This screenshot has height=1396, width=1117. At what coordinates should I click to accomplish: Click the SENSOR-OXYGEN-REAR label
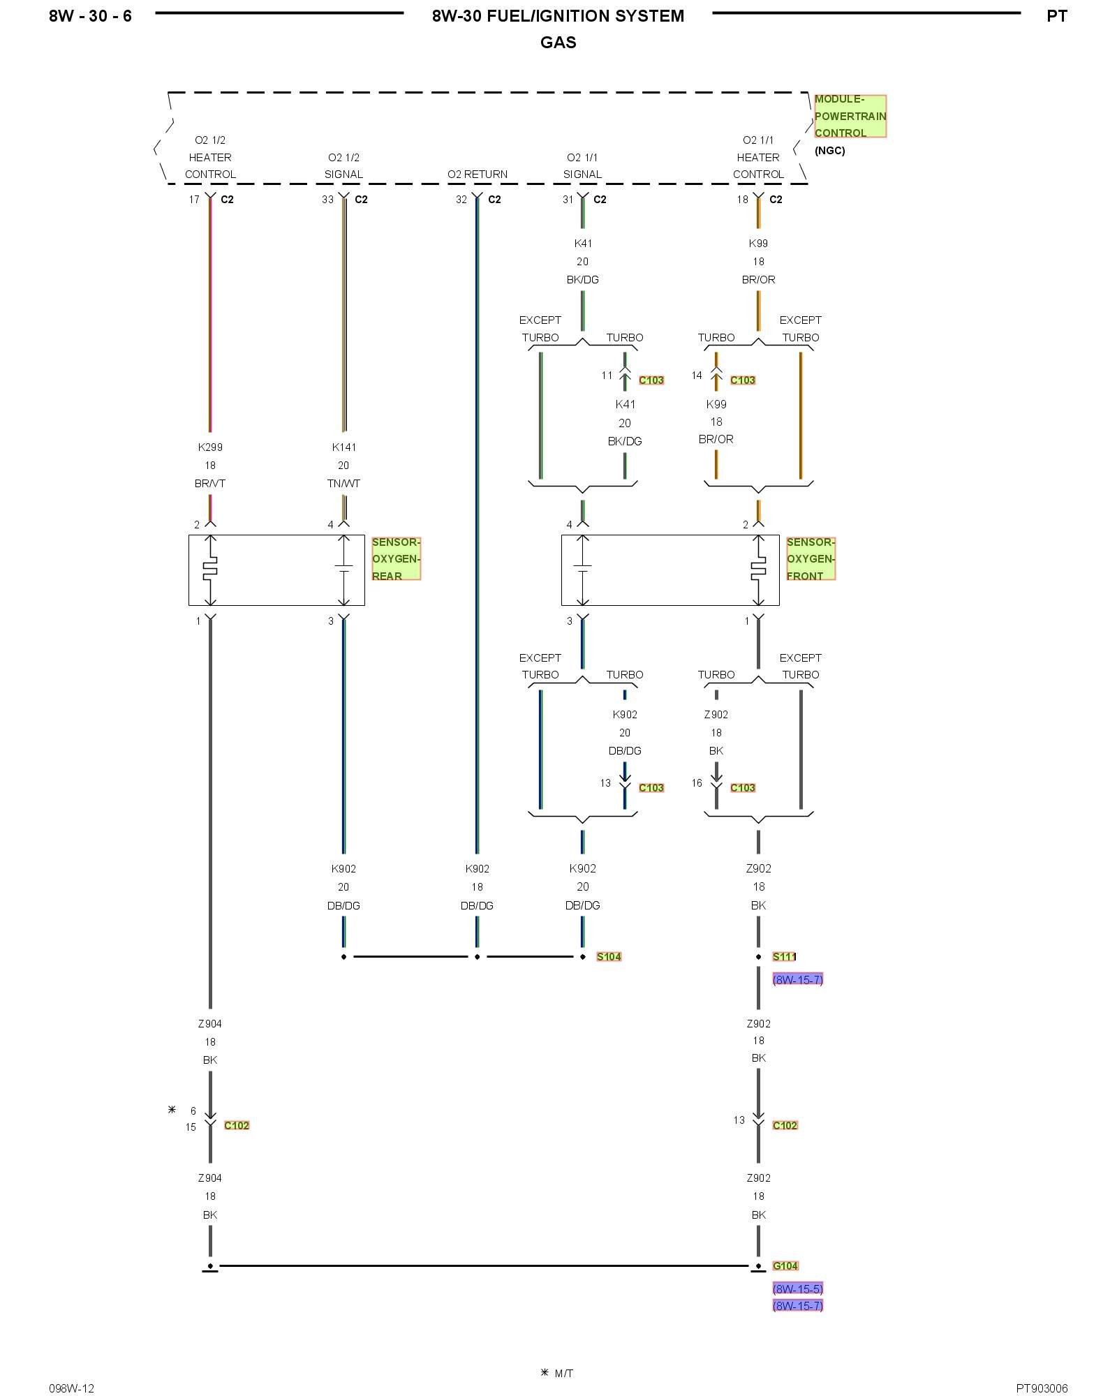tap(396, 558)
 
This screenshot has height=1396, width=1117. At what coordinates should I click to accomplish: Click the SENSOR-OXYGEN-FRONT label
tap(811, 558)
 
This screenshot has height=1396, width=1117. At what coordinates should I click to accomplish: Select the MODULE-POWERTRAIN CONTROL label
tap(850, 116)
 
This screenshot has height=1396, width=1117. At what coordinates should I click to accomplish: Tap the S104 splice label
tap(609, 956)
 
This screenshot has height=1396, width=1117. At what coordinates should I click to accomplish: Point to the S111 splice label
tap(784, 956)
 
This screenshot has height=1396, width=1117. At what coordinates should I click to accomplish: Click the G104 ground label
tap(785, 1265)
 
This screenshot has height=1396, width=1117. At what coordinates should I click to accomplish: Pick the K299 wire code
tap(210, 447)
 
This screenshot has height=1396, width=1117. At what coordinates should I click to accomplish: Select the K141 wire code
tap(343, 447)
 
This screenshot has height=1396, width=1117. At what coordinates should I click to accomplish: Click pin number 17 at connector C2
tap(194, 200)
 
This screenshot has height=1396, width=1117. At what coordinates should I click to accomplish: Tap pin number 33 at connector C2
tap(327, 200)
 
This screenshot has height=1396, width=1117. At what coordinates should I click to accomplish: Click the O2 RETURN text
tap(478, 174)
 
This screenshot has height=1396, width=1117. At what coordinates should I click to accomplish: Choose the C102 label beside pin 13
tap(785, 1125)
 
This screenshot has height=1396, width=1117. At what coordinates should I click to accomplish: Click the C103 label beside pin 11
tap(651, 380)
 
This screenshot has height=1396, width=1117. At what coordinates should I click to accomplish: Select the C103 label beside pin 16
tap(743, 787)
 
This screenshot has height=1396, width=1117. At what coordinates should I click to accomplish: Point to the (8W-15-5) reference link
tap(798, 1289)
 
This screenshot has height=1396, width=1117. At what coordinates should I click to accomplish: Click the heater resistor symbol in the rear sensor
tap(210, 570)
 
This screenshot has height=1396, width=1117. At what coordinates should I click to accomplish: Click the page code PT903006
tap(1042, 1388)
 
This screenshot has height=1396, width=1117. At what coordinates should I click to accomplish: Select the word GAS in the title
tap(558, 43)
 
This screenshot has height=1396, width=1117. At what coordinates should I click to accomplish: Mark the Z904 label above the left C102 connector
tap(210, 1024)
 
